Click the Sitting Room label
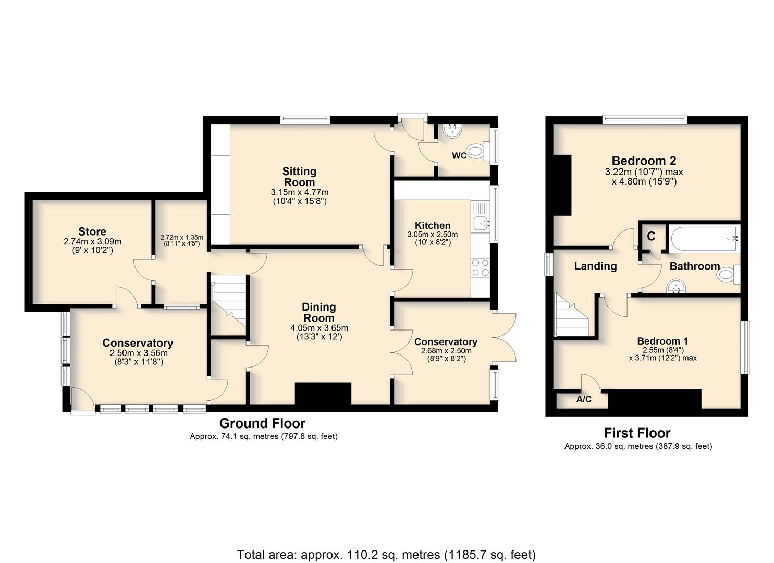(299, 177)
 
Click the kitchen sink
(480, 223)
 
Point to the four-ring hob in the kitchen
(481, 267)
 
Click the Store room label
(92, 231)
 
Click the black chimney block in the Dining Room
(323, 393)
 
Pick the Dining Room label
(318, 312)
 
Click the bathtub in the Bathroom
(704, 238)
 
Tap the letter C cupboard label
(651, 236)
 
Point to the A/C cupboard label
(584, 399)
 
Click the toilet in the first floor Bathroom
(729, 275)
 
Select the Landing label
(595, 266)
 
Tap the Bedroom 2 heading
(644, 161)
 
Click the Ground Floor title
(262, 423)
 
